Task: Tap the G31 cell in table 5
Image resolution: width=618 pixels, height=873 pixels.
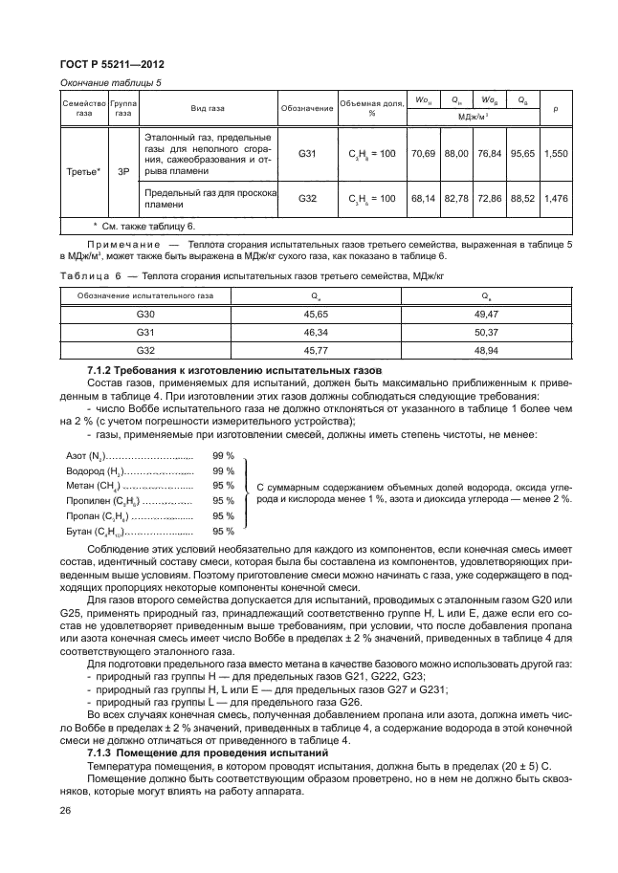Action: pos(306,153)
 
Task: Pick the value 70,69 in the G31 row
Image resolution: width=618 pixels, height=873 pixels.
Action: pos(422,153)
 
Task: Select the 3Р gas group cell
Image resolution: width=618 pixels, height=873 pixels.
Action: pos(123,173)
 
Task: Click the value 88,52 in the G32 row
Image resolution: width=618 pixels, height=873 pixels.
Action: pos(521,199)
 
